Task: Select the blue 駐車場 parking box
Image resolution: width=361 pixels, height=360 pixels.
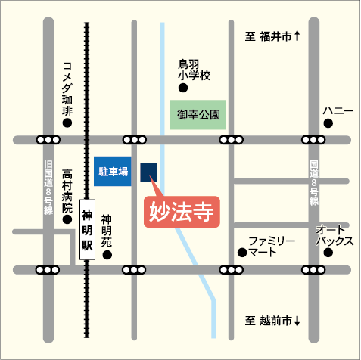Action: (114, 172)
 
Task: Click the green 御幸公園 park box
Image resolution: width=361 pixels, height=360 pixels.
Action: (198, 116)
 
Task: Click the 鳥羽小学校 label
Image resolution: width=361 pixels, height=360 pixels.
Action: (193, 70)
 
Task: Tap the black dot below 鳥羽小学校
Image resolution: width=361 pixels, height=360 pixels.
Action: (182, 88)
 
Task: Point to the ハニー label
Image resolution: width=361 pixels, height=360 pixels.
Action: (338, 111)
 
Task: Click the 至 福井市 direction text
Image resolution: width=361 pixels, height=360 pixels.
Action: (273, 36)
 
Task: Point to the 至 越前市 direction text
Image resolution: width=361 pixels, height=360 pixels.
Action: (272, 321)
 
